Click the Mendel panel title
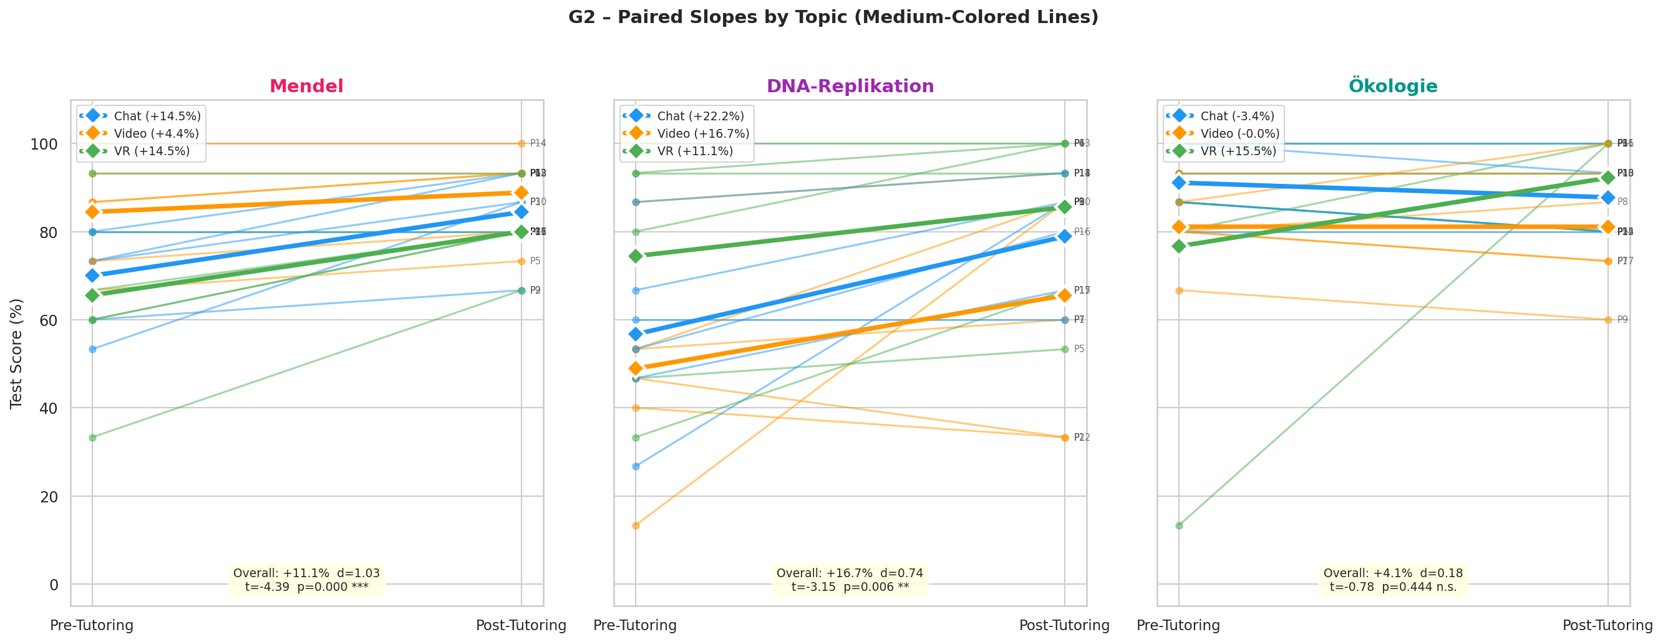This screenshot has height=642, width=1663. click(x=306, y=87)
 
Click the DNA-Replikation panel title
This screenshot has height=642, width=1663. click(x=850, y=87)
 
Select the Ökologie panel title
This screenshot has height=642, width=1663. click(x=1393, y=87)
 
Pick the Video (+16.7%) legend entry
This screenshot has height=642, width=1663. click(x=703, y=133)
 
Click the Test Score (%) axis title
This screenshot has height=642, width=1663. click(x=17, y=353)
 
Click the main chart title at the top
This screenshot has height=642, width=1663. click(x=833, y=17)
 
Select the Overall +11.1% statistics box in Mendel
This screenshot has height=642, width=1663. click(x=307, y=580)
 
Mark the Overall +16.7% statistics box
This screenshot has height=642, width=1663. click(x=850, y=580)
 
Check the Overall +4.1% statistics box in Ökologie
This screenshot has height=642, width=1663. click(x=1393, y=580)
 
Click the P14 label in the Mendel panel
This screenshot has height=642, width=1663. click(x=538, y=144)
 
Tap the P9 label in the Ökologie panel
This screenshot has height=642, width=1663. click(x=1622, y=320)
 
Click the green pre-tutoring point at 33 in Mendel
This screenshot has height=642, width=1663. click(x=92, y=438)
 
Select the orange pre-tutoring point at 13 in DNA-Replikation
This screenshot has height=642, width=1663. click(x=636, y=526)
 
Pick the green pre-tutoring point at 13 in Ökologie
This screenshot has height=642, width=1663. click(x=1180, y=526)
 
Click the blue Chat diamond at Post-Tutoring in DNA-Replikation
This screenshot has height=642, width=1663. click(x=1065, y=237)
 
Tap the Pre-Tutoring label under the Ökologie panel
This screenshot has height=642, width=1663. click(x=1178, y=625)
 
